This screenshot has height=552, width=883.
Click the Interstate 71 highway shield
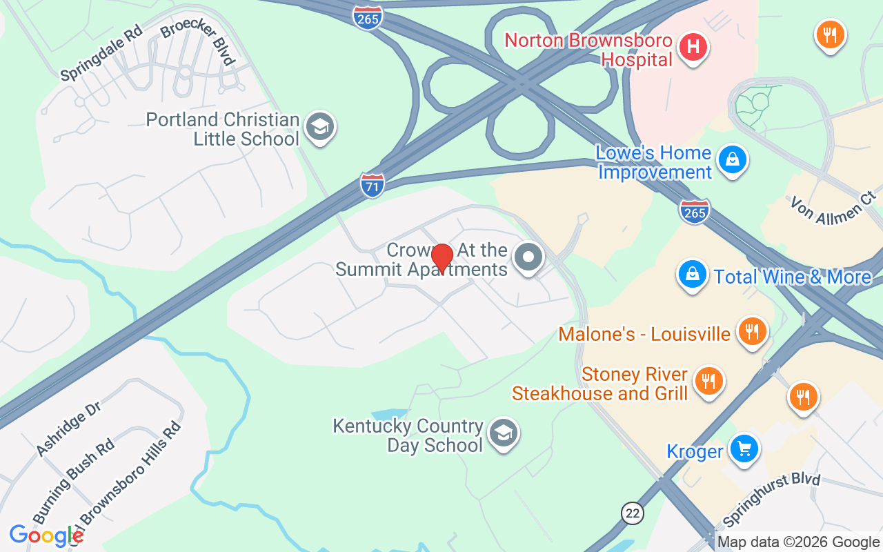click(x=372, y=186)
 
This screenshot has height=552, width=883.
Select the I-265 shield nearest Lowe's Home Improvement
click(x=694, y=211)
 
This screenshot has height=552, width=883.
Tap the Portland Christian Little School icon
click(x=320, y=127)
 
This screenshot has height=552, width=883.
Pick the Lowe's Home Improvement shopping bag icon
click(x=732, y=160)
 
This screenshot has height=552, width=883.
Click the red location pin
click(x=441, y=259)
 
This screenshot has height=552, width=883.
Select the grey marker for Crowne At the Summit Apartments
click(x=529, y=258)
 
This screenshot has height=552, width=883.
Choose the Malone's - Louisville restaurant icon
click(x=750, y=333)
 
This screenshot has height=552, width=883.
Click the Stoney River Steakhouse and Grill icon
click(x=707, y=381)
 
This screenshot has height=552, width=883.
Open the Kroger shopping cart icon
click(x=744, y=450)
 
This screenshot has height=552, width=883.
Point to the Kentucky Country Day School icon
click(x=503, y=434)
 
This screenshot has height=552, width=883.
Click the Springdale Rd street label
click(x=101, y=52)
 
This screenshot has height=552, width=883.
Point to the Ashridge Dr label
click(x=68, y=428)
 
